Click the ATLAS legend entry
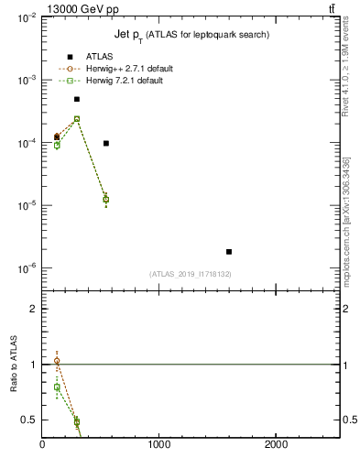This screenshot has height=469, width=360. [x=100, y=57]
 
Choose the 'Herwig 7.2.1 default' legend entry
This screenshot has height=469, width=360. [x=122, y=81]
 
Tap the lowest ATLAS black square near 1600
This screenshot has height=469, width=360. [x=229, y=251]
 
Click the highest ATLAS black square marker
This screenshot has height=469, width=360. [x=77, y=99]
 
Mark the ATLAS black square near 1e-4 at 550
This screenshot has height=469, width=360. [x=106, y=143]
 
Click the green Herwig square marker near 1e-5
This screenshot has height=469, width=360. [x=106, y=200]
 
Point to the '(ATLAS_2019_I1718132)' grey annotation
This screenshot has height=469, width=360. [x=191, y=274]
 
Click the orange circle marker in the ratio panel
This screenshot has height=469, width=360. [x=57, y=361]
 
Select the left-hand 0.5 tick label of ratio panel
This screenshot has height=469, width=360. [x=31, y=420]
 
